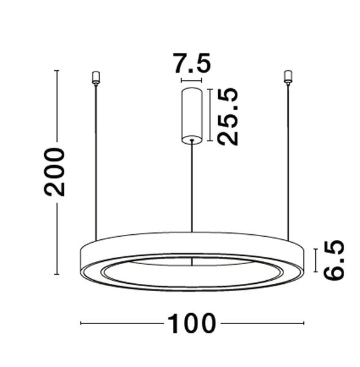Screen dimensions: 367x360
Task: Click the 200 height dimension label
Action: pyautogui.click(x=54, y=172)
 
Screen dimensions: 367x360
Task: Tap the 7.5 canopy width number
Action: pyautogui.click(x=191, y=64)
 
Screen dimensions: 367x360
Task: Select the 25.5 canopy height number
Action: pyautogui.click(x=228, y=116)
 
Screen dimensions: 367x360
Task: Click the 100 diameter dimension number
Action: pyautogui.click(x=192, y=323)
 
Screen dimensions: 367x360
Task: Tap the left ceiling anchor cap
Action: pyautogui.click(x=95, y=77)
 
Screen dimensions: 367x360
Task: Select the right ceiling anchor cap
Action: pyautogui.click(x=288, y=77)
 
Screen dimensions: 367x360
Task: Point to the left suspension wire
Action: pyautogui.click(x=95, y=159)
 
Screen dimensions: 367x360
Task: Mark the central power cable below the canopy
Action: pyautogui.click(x=192, y=183)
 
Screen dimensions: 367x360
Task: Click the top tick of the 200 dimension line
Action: pyautogui.click(x=57, y=71)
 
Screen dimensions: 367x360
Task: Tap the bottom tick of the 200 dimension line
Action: pyautogui.click(x=57, y=273)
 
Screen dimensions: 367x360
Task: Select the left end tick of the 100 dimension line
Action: pyautogui.click(x=81, y=323)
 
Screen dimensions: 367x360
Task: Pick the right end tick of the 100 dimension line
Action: pyautogui.click(x=303, y=323)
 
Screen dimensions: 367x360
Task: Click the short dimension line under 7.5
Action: pyautogui.click(x=191, y=80)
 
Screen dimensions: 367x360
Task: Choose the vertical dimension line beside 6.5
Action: pyautogui.click(x=314, y=260)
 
